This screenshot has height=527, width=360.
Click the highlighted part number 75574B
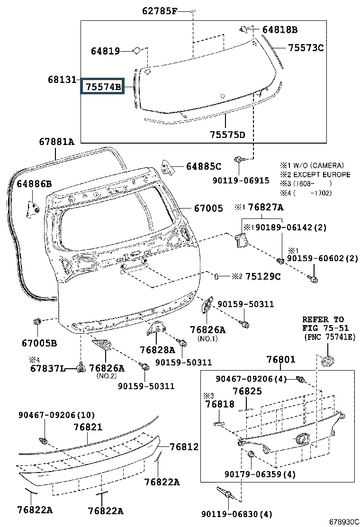[x=103, y=87]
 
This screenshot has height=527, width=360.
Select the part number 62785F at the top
[x=160, y=11]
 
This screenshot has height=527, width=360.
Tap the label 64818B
[x=280, y=29]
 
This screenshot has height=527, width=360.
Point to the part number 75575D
[x=227, y=135]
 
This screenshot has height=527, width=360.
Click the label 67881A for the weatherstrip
[x=56, y=142]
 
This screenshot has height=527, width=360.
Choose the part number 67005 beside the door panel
[x=208, y=209]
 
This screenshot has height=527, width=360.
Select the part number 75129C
[x=263, y=276]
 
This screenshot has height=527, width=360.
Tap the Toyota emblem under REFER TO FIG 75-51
[x=328, y=361]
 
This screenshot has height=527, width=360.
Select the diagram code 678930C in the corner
[x=344, y=522]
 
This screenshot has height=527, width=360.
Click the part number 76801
[x=281, y=359]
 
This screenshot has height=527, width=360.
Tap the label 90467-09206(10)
[x=56, y=415]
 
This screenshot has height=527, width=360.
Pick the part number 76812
[x=184, y=447]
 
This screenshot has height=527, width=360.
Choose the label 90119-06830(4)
[x=237, y=514]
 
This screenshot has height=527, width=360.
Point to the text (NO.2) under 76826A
[x=107, y=376]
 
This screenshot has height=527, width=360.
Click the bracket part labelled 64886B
[x=33, y=209]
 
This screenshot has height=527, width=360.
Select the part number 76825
[x=247, y=391]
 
